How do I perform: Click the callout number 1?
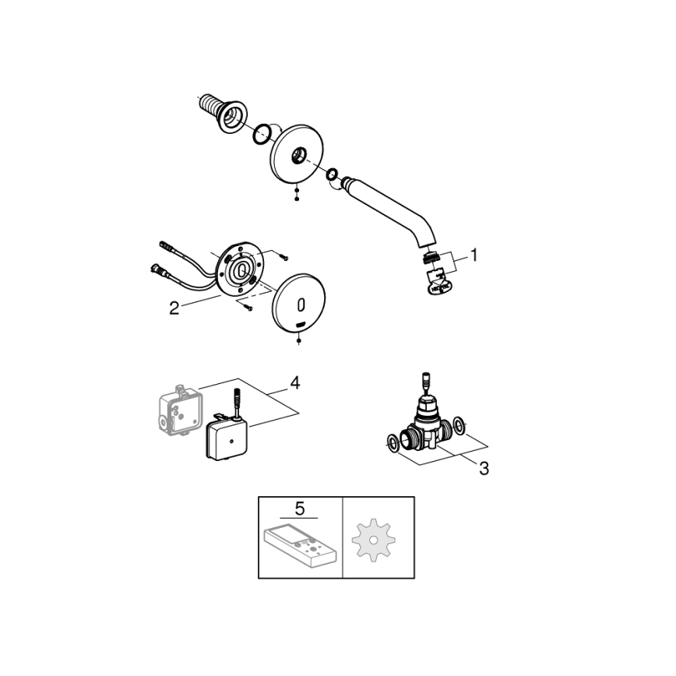(x=474, y=255)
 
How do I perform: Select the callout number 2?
(x=174, y=308)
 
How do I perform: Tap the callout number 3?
(x=483, y=469)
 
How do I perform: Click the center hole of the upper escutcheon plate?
(x=298, y=158)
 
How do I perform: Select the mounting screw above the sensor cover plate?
(x=282, y=254)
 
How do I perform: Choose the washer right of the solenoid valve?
(x=462, y=425)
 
